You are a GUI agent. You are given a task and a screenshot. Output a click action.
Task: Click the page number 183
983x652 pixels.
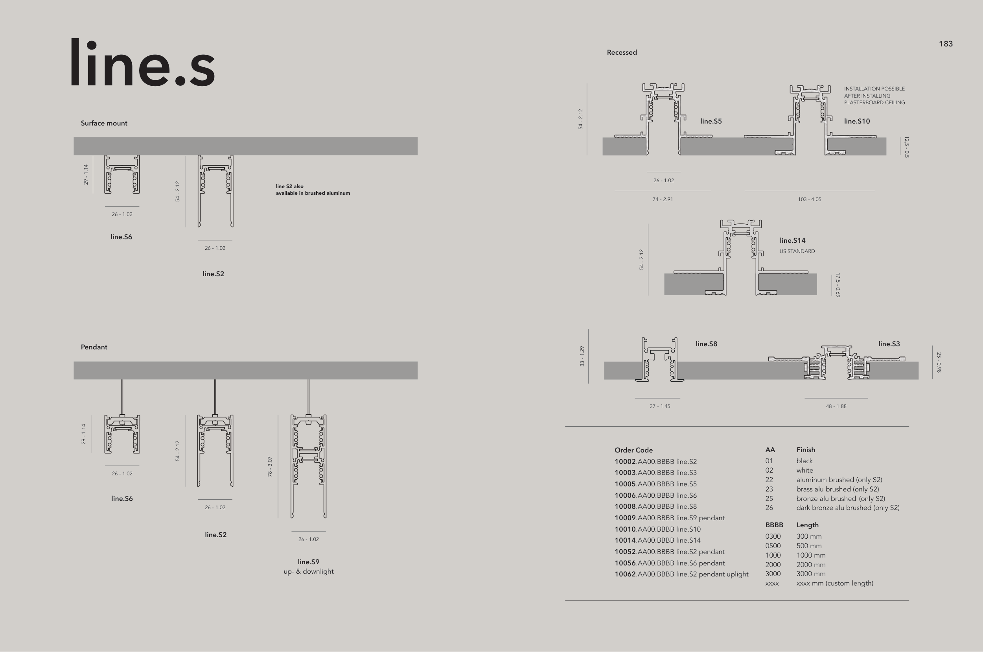click(x=946, y=44)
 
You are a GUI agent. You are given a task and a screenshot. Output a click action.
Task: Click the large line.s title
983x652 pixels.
click(x=142, y=63)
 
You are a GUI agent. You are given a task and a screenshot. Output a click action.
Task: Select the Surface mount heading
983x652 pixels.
click(x=104, y=123)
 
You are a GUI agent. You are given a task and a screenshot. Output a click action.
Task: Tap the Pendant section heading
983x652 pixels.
click(x=94, y=347)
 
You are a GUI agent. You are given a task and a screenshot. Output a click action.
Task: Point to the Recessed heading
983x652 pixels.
click(x=622, y=52)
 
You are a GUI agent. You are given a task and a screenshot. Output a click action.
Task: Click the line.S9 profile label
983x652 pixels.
click(x=308, y=562)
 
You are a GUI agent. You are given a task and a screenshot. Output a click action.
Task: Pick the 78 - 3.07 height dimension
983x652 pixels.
click(x=270, y=466)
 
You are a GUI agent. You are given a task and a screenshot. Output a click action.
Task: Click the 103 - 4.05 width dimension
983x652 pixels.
click(x=809, y=199)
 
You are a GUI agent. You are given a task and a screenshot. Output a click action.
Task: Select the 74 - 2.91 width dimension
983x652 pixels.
click(x=663, y=199)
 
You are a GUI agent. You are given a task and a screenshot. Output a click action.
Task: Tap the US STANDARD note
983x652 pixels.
click(x=797, y=251)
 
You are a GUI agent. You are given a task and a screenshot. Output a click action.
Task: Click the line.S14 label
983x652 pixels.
click(x=792, y=240)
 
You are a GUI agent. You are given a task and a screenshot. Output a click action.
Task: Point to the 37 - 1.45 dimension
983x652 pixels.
click(x=660, y=406)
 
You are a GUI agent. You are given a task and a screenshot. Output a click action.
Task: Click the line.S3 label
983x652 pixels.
click(x=889, y=344)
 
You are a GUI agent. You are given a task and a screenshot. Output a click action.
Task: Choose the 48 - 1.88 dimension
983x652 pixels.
click(x=836, y=406)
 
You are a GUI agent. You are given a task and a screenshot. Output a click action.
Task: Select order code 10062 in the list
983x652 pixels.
click(x=625, y=574)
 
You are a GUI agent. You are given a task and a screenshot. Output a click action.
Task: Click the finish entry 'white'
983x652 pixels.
click(x=805, y=470)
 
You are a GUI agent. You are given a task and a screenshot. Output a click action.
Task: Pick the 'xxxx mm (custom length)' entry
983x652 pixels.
click(x=835, y=584)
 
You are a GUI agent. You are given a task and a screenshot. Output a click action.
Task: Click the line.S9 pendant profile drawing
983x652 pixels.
click(x=308, y=466)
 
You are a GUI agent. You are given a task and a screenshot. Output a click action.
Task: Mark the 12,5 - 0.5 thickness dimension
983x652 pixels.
click(x=907, y=147)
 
